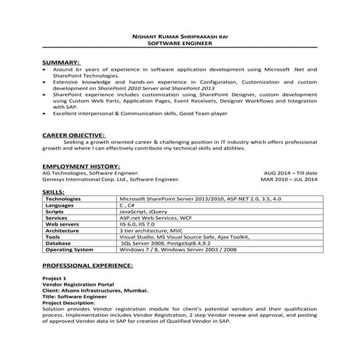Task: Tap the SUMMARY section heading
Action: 61,63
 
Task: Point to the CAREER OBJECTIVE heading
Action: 74,135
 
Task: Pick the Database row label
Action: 62,244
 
